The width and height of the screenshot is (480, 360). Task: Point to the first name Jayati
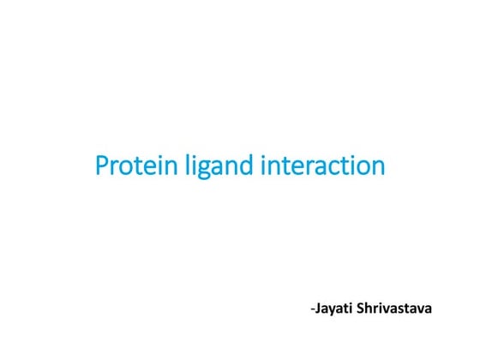pyautogui.click(x=334, y=306)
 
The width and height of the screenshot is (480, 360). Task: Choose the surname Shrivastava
pyautogui.click(x=395, y=305)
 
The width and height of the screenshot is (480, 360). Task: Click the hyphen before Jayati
pyautogui.click(x=312, y=307)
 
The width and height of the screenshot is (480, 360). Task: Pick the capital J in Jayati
pyautogui.click(x=318, y=305)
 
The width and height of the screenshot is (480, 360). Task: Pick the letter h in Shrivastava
pyautogui.click(x=369, y=305)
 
